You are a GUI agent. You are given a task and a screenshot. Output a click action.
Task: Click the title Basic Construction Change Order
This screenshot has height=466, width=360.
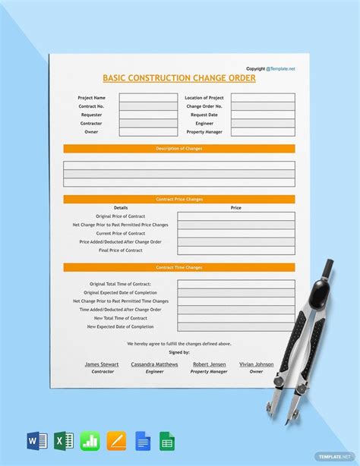178,78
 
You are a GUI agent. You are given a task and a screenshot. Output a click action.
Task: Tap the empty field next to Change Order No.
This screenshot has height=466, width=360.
263,106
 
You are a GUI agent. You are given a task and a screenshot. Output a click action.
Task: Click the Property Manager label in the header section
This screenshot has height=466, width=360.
204,132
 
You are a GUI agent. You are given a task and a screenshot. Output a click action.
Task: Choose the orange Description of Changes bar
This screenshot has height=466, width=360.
178,149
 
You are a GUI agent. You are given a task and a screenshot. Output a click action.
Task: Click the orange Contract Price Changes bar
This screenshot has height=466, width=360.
178,199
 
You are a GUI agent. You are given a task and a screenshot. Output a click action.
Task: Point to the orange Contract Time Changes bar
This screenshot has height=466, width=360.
178,267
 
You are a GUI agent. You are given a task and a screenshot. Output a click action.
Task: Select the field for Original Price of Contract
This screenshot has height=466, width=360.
236,216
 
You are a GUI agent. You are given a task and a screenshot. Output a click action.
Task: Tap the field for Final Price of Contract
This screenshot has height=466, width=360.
236,250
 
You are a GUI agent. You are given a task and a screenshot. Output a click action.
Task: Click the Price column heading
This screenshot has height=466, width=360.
236,207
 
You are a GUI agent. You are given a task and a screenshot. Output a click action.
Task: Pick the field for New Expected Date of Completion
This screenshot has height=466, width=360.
236,326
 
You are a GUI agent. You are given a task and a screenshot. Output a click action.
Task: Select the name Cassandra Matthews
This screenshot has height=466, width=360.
154,364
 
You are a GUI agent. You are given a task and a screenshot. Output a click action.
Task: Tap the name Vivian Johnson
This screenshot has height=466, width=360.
256,364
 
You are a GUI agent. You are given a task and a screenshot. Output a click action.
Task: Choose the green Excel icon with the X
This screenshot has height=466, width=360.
62,440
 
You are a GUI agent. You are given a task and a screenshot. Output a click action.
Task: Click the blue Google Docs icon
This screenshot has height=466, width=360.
141,440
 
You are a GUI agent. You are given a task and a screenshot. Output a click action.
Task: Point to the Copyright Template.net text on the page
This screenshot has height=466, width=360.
270,68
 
